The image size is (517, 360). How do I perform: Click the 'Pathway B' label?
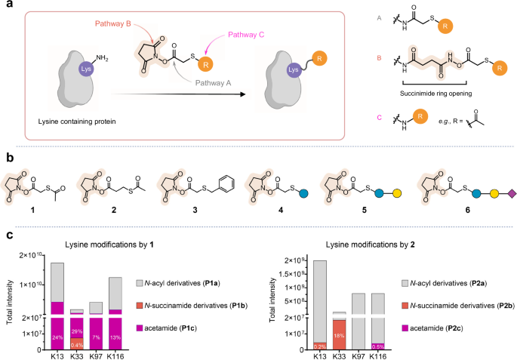114,23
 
